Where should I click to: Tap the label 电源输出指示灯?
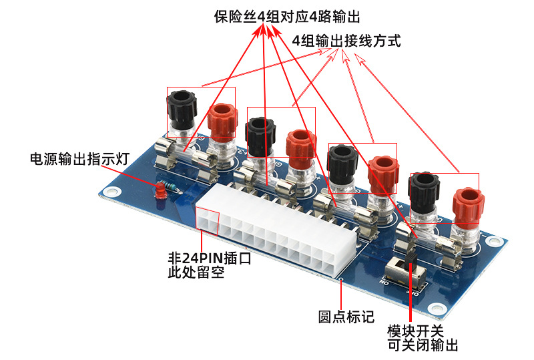point(80,159)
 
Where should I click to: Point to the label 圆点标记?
point(346,317)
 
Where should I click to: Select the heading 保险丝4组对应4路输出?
point(287,16)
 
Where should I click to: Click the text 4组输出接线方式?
point(346,41)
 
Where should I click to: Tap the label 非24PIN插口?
point(210,258)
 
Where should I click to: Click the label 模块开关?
point(415,331)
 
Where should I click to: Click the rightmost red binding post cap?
point(469,204)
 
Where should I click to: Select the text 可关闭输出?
point(423,345)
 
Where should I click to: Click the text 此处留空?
point(196,273)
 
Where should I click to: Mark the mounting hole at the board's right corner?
point(493,241)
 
